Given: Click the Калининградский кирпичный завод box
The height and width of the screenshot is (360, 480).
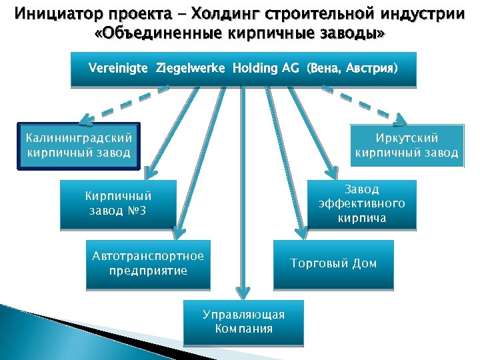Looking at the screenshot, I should pyautogui.click(x=79, y=146).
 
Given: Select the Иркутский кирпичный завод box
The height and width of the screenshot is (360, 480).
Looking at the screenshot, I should pyautogui.click(x=407, y=146).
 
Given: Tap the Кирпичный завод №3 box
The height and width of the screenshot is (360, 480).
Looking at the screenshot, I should pyautogui.click(x=118, y=204).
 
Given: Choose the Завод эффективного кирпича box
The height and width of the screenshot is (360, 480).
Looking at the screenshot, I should pyautogui.click(x=361, y=204).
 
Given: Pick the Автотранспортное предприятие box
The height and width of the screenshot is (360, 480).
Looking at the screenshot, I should pyautogui.click(x=148, y=264).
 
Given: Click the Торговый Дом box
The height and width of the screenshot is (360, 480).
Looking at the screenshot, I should pyautogui.click(x=333, y=264).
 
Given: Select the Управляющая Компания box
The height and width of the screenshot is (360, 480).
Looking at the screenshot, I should pyautogui.click(x=244, y=323).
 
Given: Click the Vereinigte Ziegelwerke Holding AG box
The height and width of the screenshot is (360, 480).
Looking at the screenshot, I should pyautogui.click(x=243, y=69).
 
